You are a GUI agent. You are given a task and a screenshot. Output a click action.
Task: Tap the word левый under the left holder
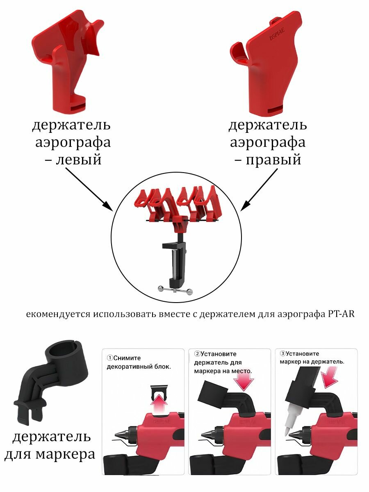pyautogui.click(x=79, y=159)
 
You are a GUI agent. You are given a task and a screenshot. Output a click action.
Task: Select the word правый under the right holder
pyautogui.click(x=273, y=159)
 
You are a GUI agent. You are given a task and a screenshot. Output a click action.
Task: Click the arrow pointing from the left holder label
pyautogui.click(x=89, y=189)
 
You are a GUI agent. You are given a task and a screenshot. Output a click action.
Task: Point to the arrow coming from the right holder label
pyautogui.click(x=259, y=190)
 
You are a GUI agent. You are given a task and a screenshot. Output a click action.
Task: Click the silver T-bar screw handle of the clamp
pyautogui.click(x=175, y=290)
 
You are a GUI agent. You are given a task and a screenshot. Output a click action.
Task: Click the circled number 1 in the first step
pyautogui.click(x=110, y=358)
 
